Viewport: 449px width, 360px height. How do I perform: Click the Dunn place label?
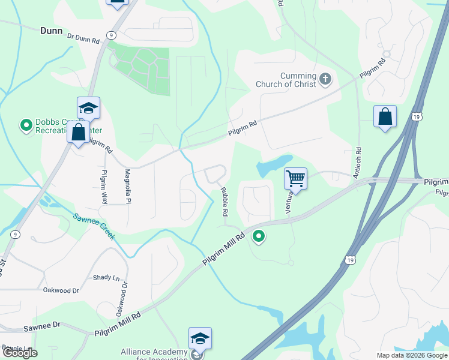click(52, 30)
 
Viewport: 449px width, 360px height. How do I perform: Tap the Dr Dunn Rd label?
click(83, 38)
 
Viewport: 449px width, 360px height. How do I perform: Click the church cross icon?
click(325, 79)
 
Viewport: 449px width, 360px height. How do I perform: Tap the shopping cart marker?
click(295, 178)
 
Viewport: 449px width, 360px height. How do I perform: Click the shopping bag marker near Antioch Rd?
click(385, 116)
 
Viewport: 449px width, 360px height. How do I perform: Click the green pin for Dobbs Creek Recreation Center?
click(26, 125)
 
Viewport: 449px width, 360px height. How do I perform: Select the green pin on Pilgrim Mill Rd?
click(259, 237)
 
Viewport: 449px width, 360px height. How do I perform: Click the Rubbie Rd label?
click(224, 201)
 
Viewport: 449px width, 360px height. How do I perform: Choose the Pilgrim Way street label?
click(104, 187)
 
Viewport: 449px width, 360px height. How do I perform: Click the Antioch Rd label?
click(358, 162)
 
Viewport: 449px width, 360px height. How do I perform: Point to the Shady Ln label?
click(106, 277)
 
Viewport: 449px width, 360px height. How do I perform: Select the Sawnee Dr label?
click(43, 327)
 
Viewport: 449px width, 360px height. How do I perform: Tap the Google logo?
click(20, 353)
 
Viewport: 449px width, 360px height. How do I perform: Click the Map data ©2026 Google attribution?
click(412, 355)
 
